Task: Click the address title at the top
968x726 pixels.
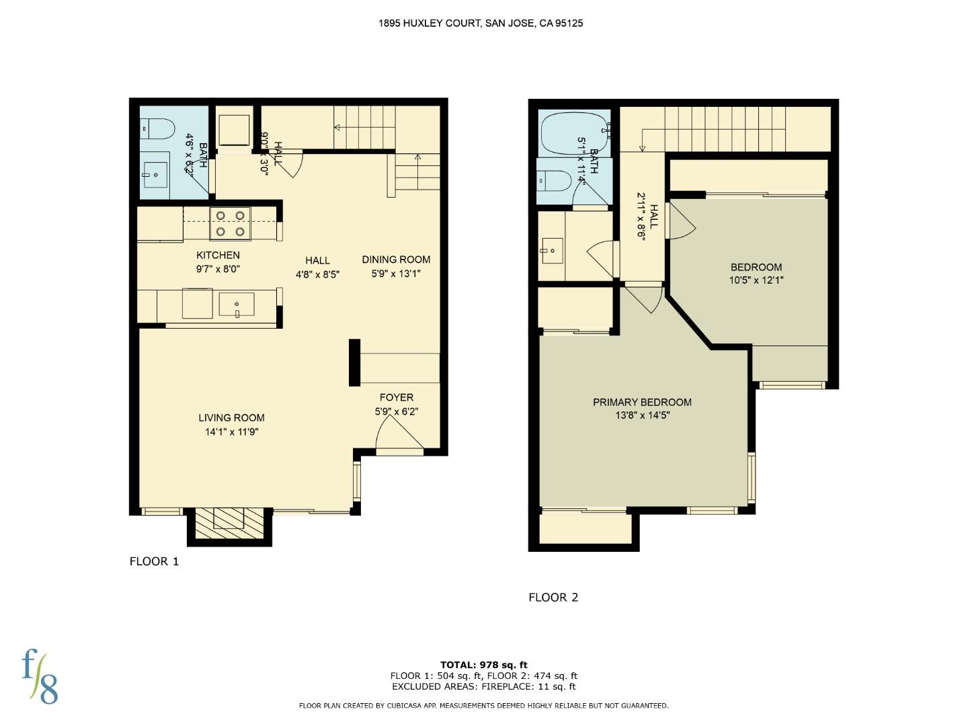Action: pyautogui.click(x=480, y=23)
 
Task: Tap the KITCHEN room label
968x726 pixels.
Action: pyautogui.click(x=218, y=255)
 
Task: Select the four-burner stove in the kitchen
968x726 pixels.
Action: pyautogui.click(x=230, y=223)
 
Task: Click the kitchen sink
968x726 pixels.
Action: pyautogui.click(x=237, y=305)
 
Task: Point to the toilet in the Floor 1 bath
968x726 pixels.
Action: pyautogui.click(x=159, y=128)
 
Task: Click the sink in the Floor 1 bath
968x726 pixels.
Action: pyautogui.click(x=155, y=175)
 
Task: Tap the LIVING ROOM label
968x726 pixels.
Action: pyautogui.click(x=231, y=417)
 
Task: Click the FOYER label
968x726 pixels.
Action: pyautogui.click(x=396, y=397)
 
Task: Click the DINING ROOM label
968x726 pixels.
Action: pyautogui.click(x=396, y=259)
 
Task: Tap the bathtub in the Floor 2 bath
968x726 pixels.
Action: pyautogui.click(x=575, y=132)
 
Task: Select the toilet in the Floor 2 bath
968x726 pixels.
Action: pyautogui.click(x=555, y=180)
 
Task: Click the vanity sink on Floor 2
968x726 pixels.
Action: pyautogui.click(x=552, y=250)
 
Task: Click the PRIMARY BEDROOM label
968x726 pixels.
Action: pyautogui.click(x=642, y=402)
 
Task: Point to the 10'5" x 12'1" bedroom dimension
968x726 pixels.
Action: pyautogui.click(x=756, y=280)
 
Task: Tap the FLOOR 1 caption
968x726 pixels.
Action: pyautogui.click(x=154, y=561)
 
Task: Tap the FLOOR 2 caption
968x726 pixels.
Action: pyautogui.click(x=553, y=597)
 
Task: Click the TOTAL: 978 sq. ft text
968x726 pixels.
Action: pyautogui.click(x=483, y=665)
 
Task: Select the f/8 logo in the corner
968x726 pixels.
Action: pyautogui.click(x=40, y=676)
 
